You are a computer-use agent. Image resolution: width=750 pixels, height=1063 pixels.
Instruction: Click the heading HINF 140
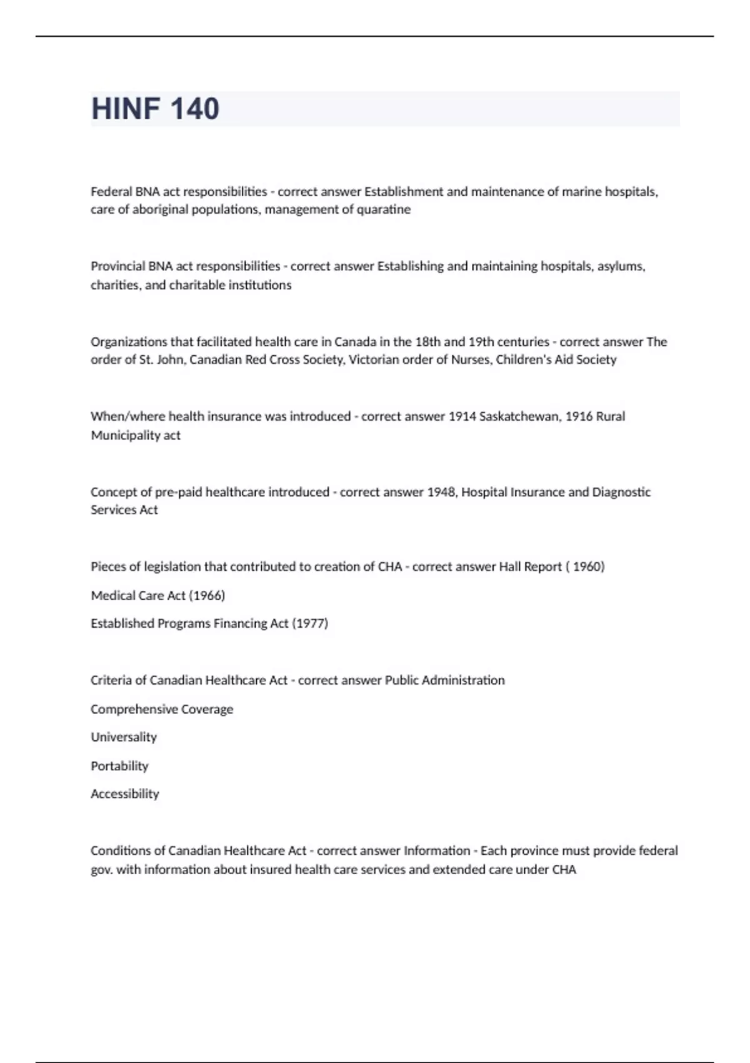[155, 109]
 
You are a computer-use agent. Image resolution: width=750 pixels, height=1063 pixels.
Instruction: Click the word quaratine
[384, 209]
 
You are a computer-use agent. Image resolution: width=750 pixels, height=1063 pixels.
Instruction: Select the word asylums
[621, 266]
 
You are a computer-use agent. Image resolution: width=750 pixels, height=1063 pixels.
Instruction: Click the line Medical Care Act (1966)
[157, 595]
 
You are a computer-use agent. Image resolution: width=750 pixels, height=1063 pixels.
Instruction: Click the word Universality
[124, 737]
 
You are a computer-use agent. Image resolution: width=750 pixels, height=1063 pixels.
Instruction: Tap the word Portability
[119, 766]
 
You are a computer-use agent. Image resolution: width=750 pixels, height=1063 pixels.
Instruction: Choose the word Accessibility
[125, 794]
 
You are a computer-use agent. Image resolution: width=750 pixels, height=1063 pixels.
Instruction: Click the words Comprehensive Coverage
[162, 709]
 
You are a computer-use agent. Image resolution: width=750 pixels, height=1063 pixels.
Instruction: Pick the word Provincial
[117, 266]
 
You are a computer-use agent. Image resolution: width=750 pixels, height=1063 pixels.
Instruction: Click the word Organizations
[127, 342]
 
